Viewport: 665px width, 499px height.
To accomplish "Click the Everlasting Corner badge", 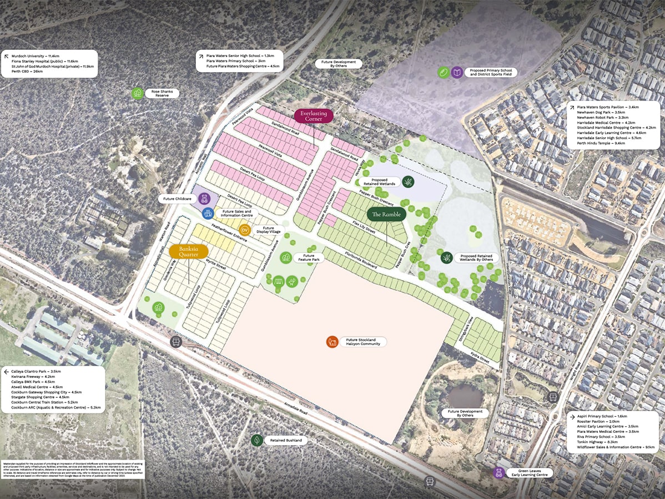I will click(x=314, y=115).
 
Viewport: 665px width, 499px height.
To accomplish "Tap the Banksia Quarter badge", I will click(x=189, y=251).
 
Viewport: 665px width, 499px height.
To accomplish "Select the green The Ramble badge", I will click(x=386, y=214).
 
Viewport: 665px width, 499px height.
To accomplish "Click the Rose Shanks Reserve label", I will click(x=162, y=93).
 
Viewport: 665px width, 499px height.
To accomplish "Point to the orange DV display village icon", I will click(x=244, y=229).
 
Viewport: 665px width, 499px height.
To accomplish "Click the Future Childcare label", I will click(x=177, y=198).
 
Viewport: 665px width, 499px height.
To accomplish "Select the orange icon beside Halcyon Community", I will click(x=332, y=341).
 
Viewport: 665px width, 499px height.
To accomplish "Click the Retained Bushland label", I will click(x=286, y=440).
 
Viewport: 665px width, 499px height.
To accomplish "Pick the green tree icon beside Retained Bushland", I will click(x=256, y=440).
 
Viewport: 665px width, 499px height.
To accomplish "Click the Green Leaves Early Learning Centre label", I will click(x=530, y=472).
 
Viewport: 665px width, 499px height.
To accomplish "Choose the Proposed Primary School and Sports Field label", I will click(x=492, y=72).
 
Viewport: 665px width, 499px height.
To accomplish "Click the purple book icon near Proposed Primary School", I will click(x=457, y=72).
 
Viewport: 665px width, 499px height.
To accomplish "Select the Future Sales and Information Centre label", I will click(x=236, y=213).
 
